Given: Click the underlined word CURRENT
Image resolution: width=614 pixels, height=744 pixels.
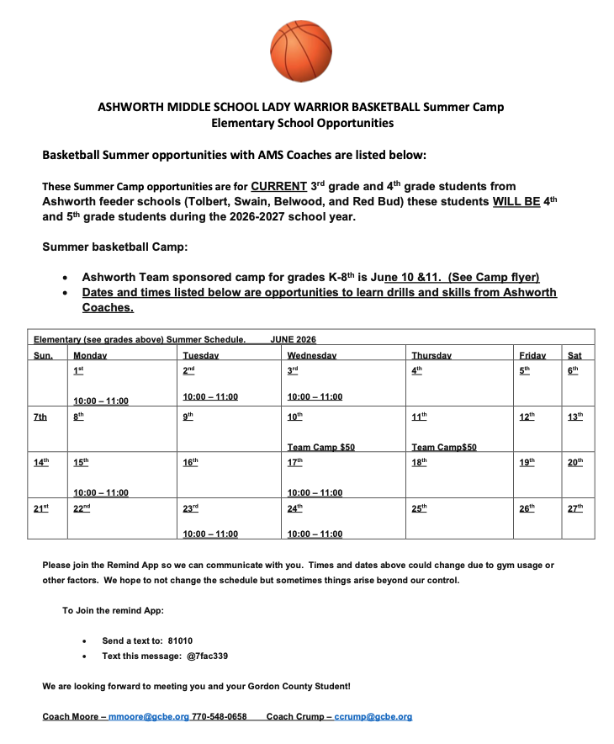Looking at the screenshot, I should (x=281, y=185).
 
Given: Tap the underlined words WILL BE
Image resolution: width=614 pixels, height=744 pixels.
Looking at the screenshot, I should (x=516, y=202).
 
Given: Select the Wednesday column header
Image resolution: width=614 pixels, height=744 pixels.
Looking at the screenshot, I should (x=311, y=355).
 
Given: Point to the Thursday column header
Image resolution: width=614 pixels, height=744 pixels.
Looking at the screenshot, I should (x=431, y=355).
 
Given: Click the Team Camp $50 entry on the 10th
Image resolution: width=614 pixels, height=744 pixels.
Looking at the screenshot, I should (x=320, y=447).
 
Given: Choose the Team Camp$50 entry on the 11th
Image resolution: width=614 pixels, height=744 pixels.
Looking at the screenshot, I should (x=443, y=447).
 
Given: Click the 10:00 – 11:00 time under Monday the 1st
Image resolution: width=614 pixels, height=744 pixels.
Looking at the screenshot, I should (x=101, y=401).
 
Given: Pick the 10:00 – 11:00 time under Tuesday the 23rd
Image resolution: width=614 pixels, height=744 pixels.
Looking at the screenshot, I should (x=210, y=534).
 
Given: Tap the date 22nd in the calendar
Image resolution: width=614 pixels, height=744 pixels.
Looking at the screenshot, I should (x=82, y=508).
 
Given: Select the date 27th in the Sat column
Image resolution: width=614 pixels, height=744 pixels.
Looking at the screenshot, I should (x=575, y=508).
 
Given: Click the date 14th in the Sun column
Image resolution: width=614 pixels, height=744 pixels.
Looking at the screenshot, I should (x=41, y=462).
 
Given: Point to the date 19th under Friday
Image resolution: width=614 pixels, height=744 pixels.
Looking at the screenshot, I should (x=527, y=462).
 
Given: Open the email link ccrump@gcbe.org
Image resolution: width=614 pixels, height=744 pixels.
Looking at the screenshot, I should (x=373, y=716).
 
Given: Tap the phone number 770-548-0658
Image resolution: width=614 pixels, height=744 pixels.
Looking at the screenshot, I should (x=220, y=716).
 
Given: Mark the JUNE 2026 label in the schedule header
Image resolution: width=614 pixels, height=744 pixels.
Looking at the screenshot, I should (x=293, y=339).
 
